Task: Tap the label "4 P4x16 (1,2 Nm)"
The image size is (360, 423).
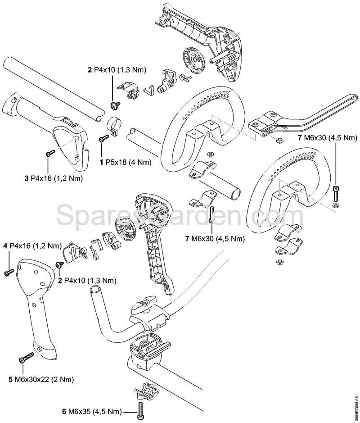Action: [x=31, y=246]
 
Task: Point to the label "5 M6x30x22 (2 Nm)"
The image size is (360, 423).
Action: [x=41, y=379]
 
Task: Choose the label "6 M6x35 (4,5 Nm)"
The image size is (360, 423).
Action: [x=93, y=411]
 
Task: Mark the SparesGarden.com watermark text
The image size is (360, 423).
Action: [x=180, y=211]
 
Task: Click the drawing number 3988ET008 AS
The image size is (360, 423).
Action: [x=356, y=407]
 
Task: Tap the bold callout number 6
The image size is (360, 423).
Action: [x=65, y=411]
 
